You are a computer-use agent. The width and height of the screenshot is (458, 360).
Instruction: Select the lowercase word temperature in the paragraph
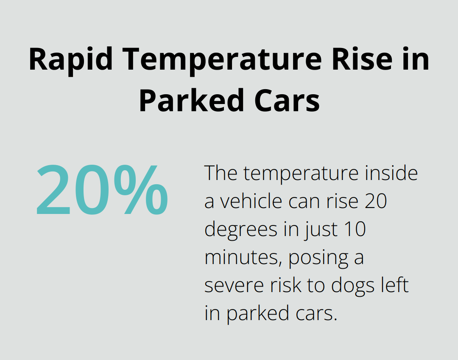click(296, 174)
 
